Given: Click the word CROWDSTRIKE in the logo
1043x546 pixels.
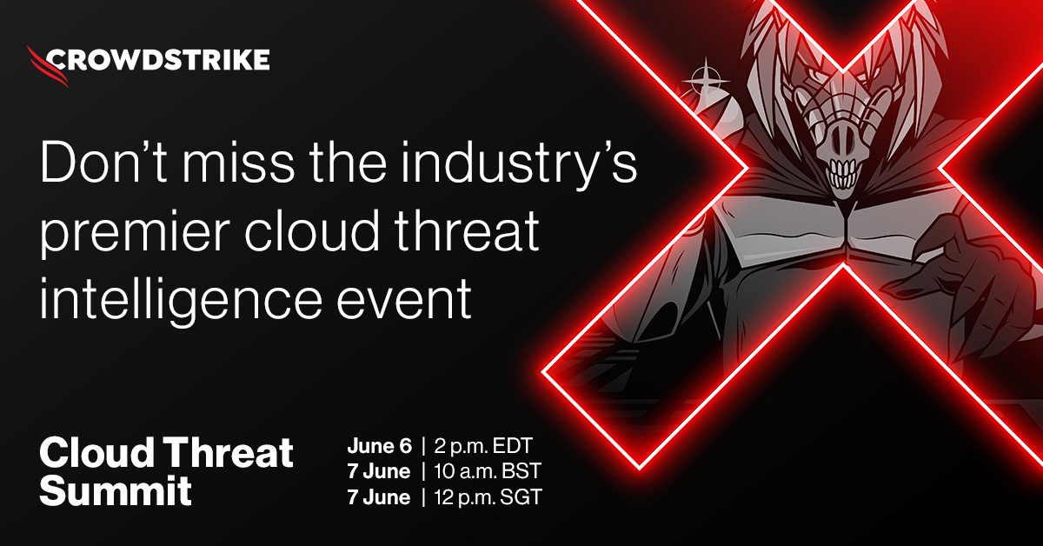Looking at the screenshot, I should (x=157, y=60).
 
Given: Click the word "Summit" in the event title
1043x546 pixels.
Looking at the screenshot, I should (x=116, y=492).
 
